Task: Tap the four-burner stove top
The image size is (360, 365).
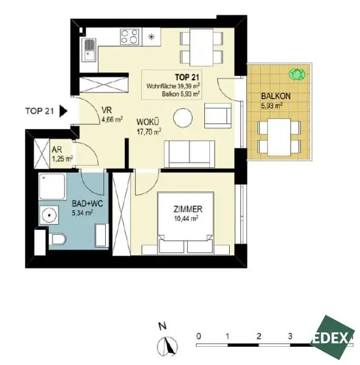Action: point(130,38)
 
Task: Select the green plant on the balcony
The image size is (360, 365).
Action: point(297,74)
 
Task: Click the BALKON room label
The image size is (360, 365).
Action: point(275,96)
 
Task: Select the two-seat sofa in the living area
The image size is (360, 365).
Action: point(189,153)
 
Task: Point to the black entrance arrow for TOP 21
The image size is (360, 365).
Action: point(63,111)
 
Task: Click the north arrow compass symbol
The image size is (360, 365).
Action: point(167,347)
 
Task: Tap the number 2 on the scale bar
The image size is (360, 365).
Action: point(258,335)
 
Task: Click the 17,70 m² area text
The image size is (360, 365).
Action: point(148,131)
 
